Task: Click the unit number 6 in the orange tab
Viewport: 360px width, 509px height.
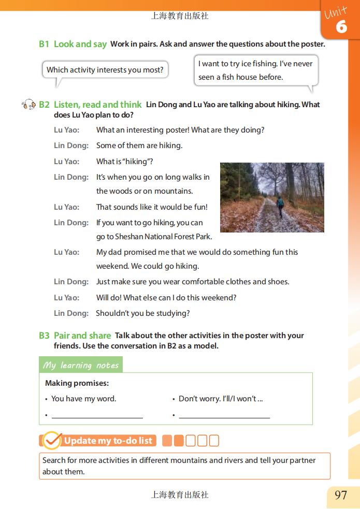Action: (341, 27)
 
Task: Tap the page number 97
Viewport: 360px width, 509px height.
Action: (341, 495)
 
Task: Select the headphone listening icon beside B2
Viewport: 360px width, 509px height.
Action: (29, 105)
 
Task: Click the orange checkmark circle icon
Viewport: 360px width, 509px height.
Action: (52, 441)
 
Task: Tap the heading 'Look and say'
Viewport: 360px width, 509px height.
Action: (80, 44)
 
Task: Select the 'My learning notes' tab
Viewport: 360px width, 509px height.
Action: (81, 365)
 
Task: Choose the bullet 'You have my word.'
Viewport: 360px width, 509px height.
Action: (83, 399)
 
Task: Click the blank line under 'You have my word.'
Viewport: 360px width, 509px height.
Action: (97, 415)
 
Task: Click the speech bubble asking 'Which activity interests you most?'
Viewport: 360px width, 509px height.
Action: (105, 70)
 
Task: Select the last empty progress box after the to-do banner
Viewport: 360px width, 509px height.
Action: (214, 441)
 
